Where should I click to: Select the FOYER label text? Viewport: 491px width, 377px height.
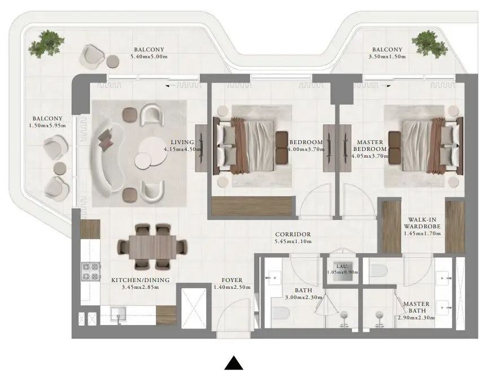click(x=232, y=280)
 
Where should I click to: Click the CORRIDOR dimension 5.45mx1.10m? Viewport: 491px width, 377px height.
click(x=293, y=241)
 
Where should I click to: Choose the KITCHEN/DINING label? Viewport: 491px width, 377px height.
click(x=134, y=280)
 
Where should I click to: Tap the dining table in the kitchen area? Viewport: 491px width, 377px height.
click(x=153, y=247)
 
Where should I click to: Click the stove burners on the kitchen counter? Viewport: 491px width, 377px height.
click(x=90, y=271)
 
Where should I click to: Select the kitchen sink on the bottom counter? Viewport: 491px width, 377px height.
click(x=119, y=314)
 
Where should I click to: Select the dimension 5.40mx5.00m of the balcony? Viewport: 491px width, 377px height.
click(x=149, y=57)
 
